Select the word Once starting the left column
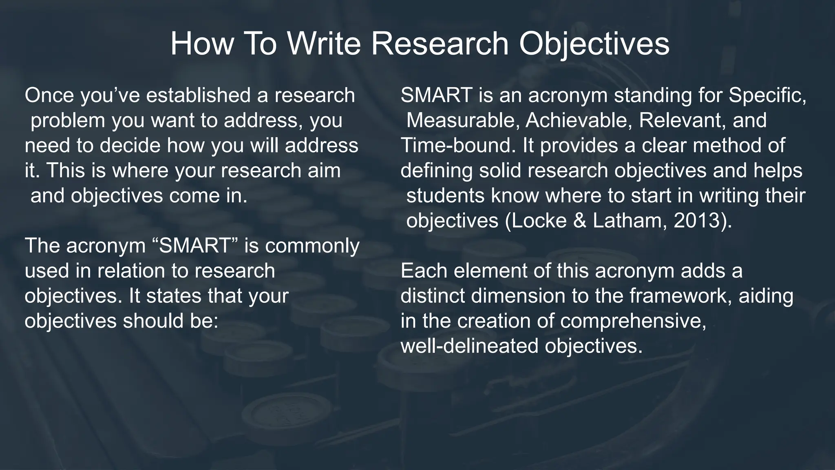click(49, 95)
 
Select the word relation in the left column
click(131, 271)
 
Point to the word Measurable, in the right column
click(463, 121)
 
